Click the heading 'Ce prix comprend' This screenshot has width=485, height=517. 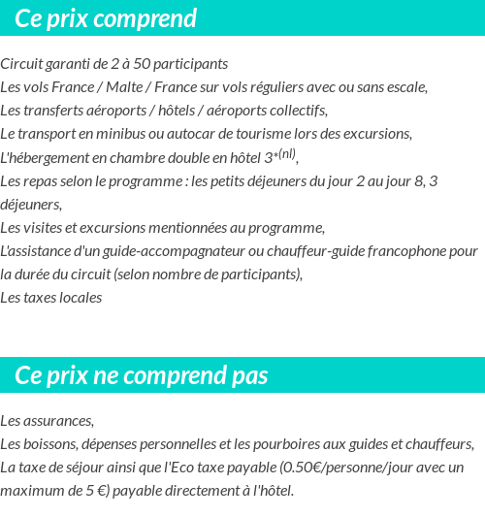pyautogui.click(x=106, y=18)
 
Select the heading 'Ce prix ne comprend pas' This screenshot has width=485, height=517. pyautogui.click(x=142, y=375)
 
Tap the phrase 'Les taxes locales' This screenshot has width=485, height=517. pyautogui.click(x=51, y=298)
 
